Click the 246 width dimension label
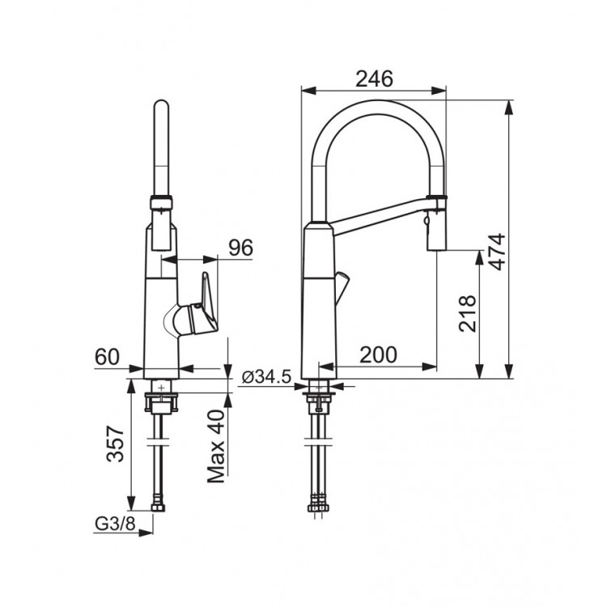coord(375,79)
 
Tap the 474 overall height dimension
coord(497,252)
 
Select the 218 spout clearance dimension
coord(467,313)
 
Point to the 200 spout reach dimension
coord(378,354)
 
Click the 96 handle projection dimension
coord(240,248)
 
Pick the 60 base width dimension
coord(107,357)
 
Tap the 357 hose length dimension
coord(115,444)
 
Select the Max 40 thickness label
coord(215,446)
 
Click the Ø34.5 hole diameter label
coord(266,376)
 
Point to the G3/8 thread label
coord(115,524)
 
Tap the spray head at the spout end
coord(437,223)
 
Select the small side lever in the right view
coord(342,287)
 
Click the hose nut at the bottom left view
coord(159,507)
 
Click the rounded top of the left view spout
coord(161,105)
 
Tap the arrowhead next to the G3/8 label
coord(146,533)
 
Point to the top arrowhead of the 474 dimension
coord(509,107)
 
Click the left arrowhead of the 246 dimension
coord(309,91)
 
